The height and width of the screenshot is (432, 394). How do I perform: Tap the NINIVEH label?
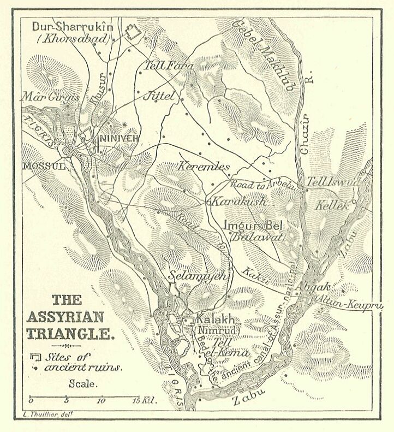119,139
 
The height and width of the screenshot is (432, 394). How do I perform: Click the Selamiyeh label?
197,276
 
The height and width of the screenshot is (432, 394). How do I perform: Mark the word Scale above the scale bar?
83,383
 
